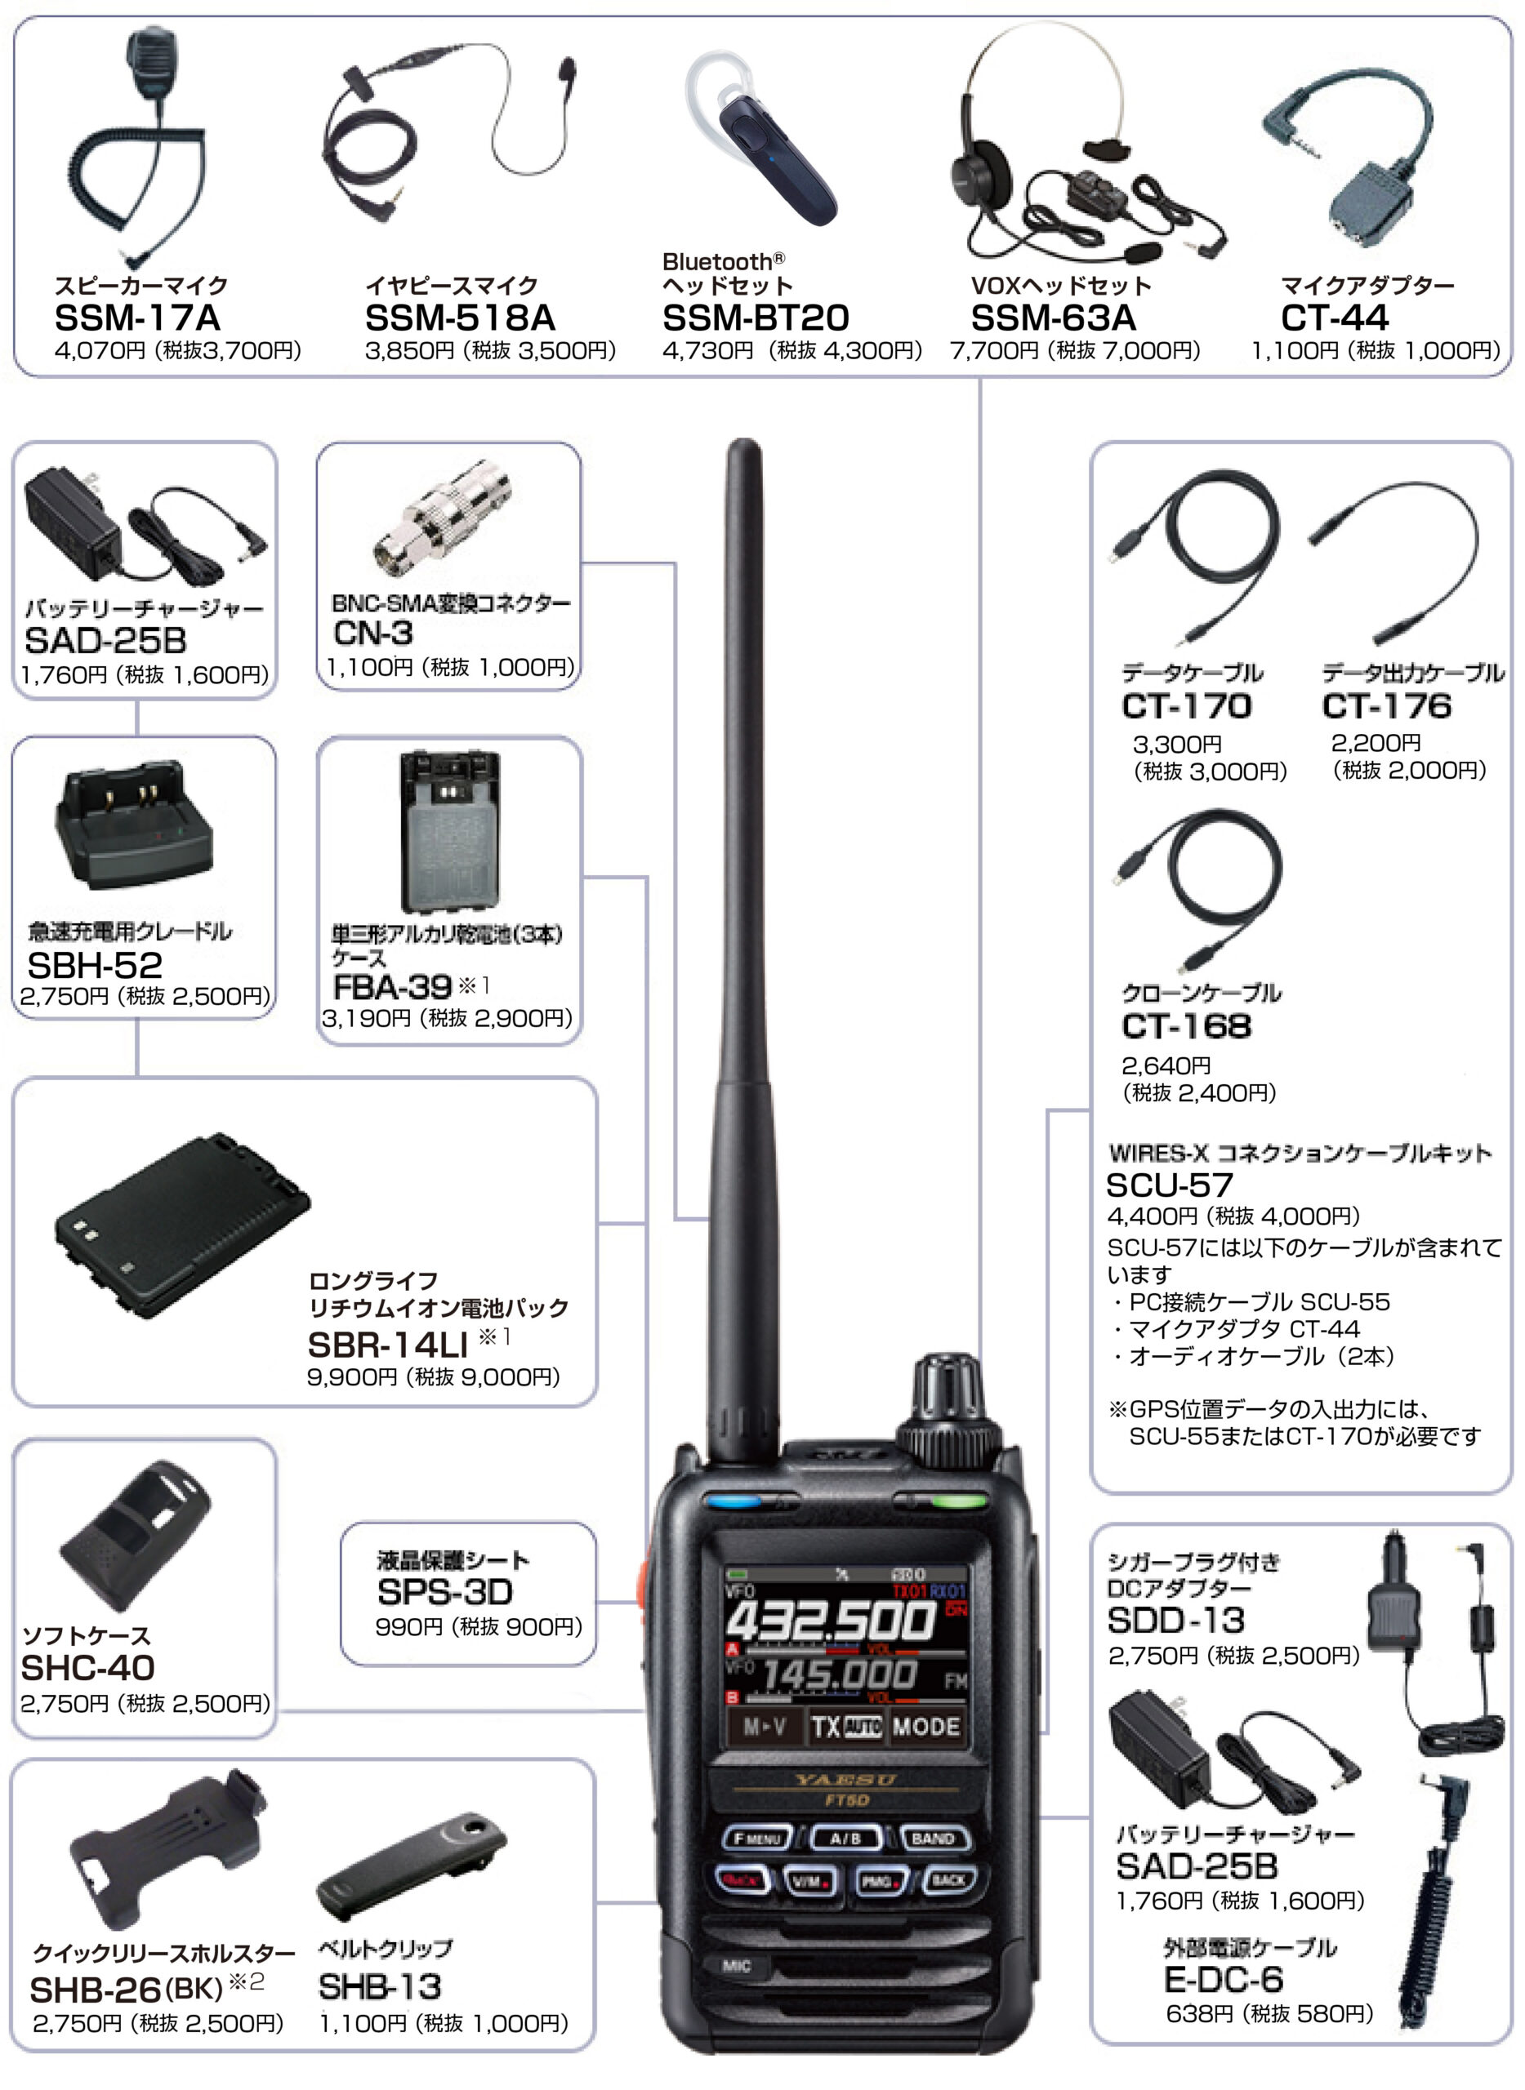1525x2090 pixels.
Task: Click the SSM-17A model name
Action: pyautogui.click(x=137, y=318)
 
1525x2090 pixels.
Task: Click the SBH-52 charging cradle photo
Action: pyautogui.click(x=136, y=829)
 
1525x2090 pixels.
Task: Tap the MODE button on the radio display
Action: pyautogui.click(x=926, y=1727)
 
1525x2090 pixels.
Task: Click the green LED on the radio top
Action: pyautogui.click(x=957, y=1501)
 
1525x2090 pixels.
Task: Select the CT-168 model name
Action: pyautogui.click(x=1186, y=1026)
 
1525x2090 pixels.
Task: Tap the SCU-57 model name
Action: pyautogui.click(x=1169, y=1185)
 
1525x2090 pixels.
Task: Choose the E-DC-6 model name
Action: pyautogui.click(x=1223, y=1979)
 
